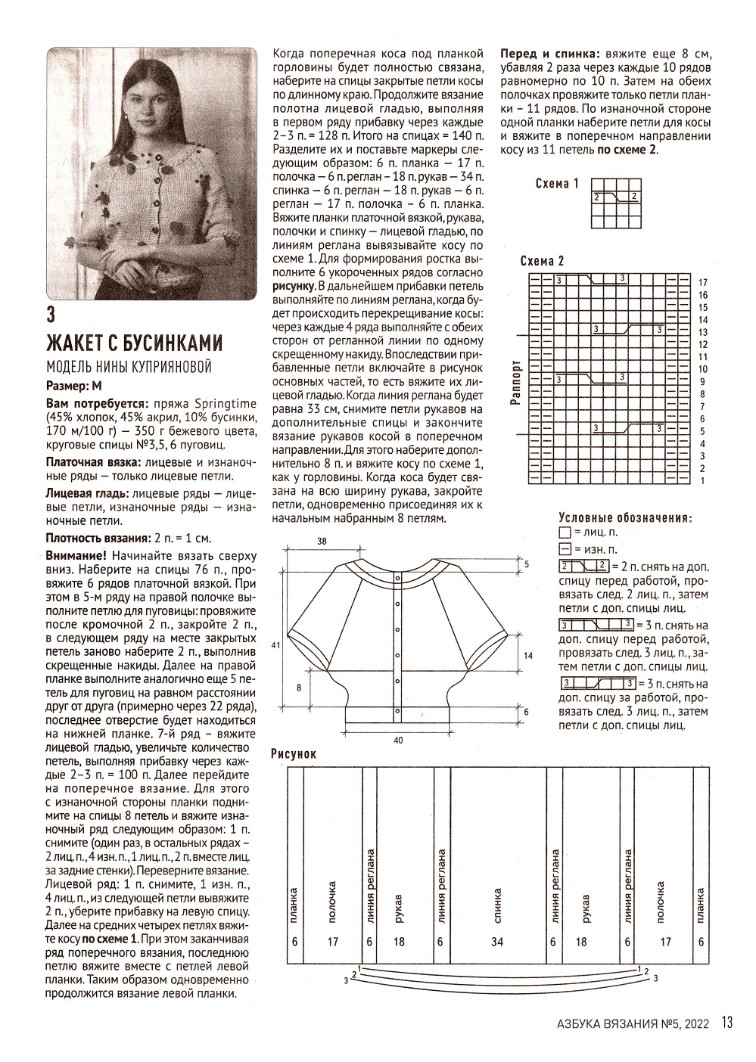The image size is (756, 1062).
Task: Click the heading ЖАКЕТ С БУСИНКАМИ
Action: tap(135, 342)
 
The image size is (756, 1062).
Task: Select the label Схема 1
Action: tap(557, 184)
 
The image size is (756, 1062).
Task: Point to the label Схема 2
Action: tap(543, 261)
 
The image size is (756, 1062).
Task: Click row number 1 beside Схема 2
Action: tap(703, 480)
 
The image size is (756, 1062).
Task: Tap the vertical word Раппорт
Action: tap(516, 382)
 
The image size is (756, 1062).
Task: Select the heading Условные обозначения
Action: tap(625, 518)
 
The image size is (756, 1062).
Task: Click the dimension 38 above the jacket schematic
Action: tap(322, 542)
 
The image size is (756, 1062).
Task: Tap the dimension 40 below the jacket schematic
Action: tap(398, 741)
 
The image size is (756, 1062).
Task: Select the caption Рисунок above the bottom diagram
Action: tap(294, 754)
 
